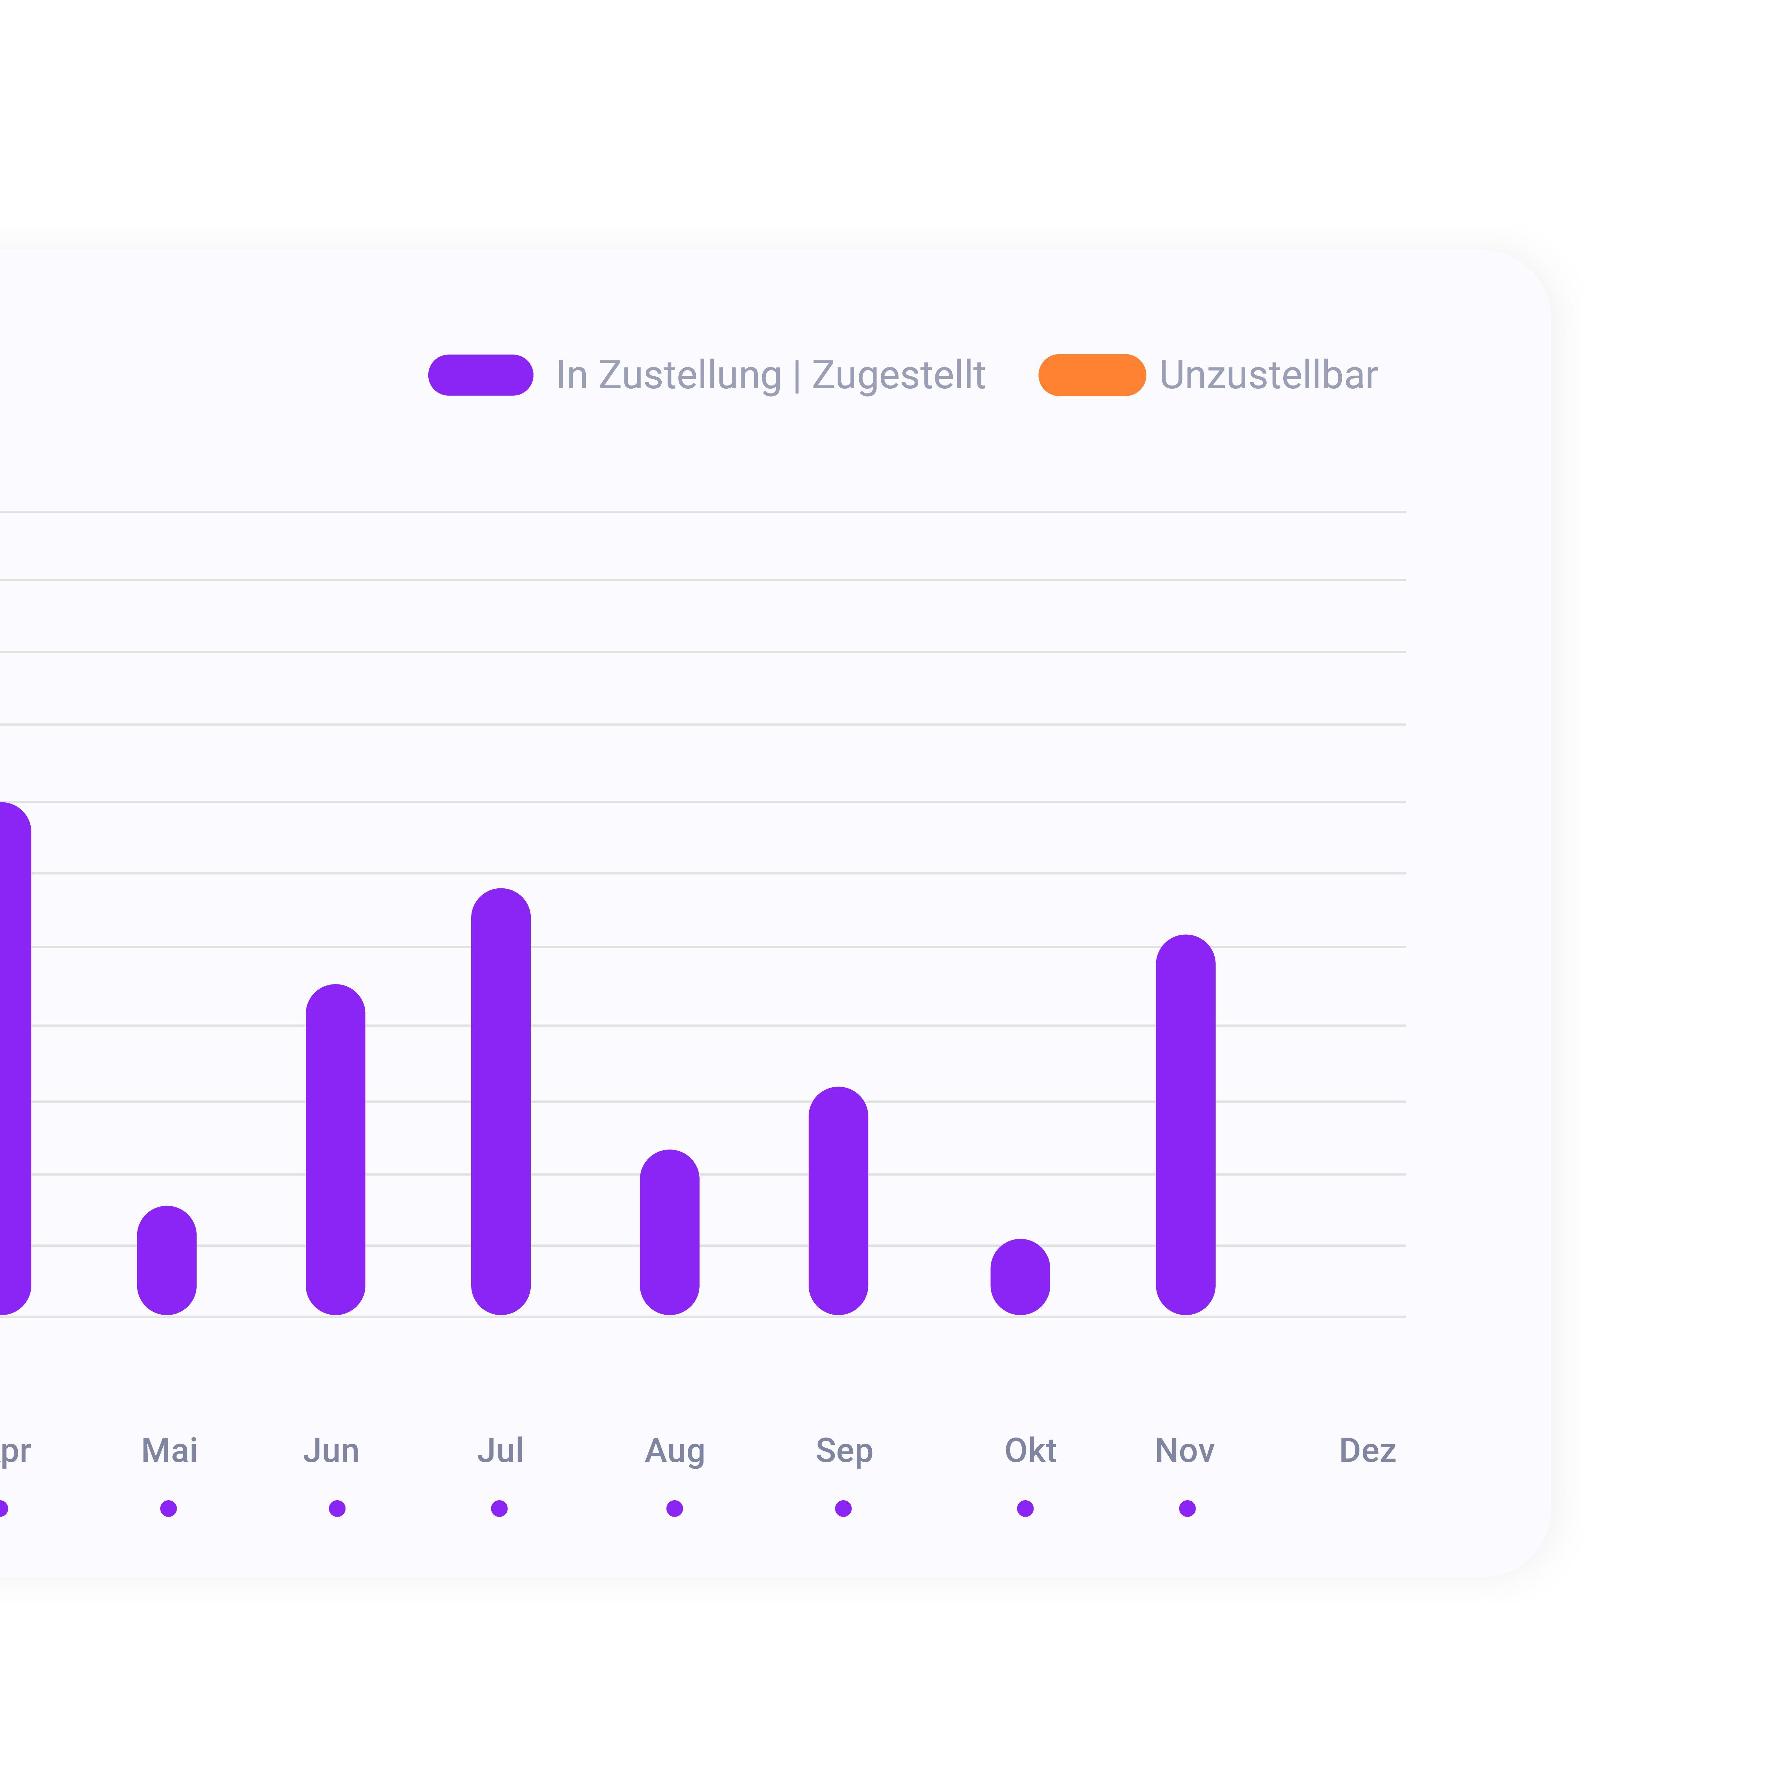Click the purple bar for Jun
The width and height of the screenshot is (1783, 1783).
point(336,1149)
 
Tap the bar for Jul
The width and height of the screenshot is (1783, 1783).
point(501,1101)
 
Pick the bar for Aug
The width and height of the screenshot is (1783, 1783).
point(670,1232)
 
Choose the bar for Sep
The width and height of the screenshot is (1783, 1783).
point(839,1201)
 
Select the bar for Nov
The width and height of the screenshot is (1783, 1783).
point(1186,1124)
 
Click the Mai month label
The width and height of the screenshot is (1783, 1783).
point(170,1451)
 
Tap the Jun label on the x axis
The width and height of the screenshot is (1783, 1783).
point(331,1451)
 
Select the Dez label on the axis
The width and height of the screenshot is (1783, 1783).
point(1368,1451)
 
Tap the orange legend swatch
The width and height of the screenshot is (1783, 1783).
point(1092,375)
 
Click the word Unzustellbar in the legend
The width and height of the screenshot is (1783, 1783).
point(1269,375)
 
